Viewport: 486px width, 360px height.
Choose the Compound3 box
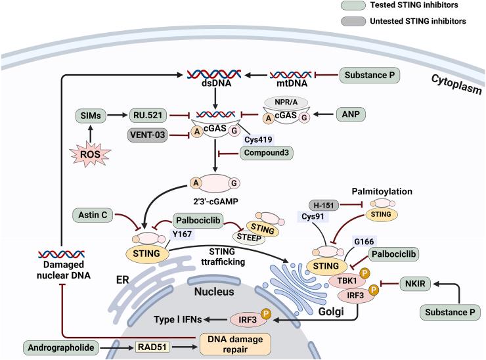click(267, 153)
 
